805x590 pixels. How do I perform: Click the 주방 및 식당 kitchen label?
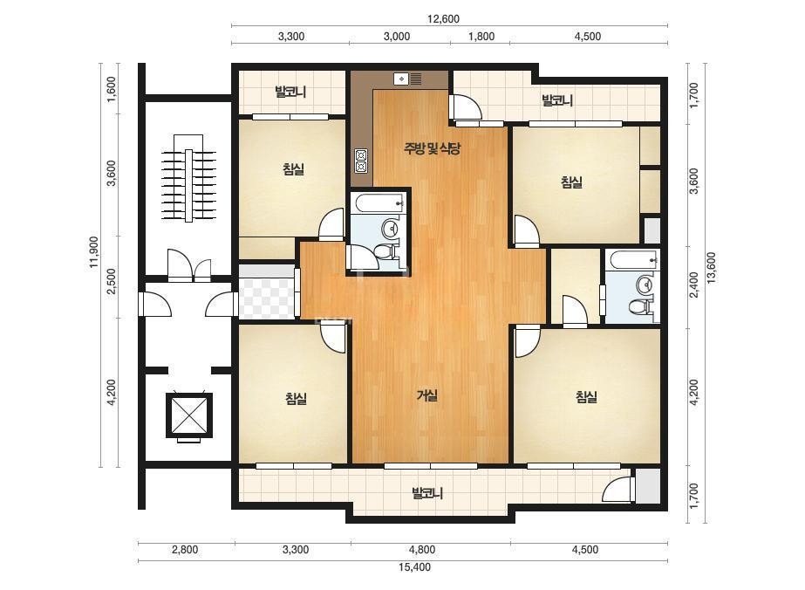click(x=432, y=148)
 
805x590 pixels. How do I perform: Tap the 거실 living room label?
click(x=427, y=395)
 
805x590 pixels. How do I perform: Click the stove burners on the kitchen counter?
click(x=361, y=161)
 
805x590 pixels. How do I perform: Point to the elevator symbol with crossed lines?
click(x=189, y=415)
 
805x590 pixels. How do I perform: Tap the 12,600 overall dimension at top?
click(x=443, y=19)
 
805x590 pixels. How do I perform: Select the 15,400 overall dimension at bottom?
click(x=414, y=567)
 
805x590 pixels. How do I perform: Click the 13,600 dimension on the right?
click(x=711, y=268)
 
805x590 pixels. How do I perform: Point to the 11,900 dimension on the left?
click(x=94, y=252)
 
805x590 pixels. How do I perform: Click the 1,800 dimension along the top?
click(x=481, y=36)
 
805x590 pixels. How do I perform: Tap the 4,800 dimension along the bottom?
click(x=422, y=549)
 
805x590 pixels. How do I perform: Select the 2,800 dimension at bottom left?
click(x=185, y=549)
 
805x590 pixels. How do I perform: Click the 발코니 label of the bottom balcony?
click(x=427, y=493)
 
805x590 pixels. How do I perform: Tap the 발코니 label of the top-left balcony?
click(x=290, y=92)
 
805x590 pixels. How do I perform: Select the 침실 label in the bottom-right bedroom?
click(x=586, y=397)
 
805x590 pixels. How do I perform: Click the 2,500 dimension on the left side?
click(x=112, y=281)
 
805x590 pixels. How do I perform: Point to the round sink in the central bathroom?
click(x=392, y=228)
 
